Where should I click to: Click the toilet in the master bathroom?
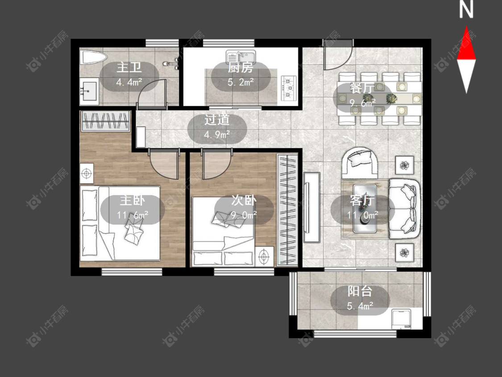coord(94,58)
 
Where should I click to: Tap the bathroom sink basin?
coord(89,91)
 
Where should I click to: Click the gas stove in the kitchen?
coord(288,87)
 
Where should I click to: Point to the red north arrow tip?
coord(466,27)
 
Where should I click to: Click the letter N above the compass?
coord(466,10)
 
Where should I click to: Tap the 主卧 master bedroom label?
coord(132,201)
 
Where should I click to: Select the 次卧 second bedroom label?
coord(244,201)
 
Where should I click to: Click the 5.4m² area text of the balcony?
coord(360,306)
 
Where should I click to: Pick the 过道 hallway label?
coord(217,120)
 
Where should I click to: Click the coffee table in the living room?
coord(365,208)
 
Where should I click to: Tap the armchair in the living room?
coord(360,163)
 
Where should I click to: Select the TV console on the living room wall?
coord(311,207)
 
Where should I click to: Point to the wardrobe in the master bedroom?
coord(105,121)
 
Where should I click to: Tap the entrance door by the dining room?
coord(338,54)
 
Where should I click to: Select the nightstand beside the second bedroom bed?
coord(264,256)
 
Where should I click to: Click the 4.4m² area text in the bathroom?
coord(129,82)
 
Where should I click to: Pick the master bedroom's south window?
coord(132,272)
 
